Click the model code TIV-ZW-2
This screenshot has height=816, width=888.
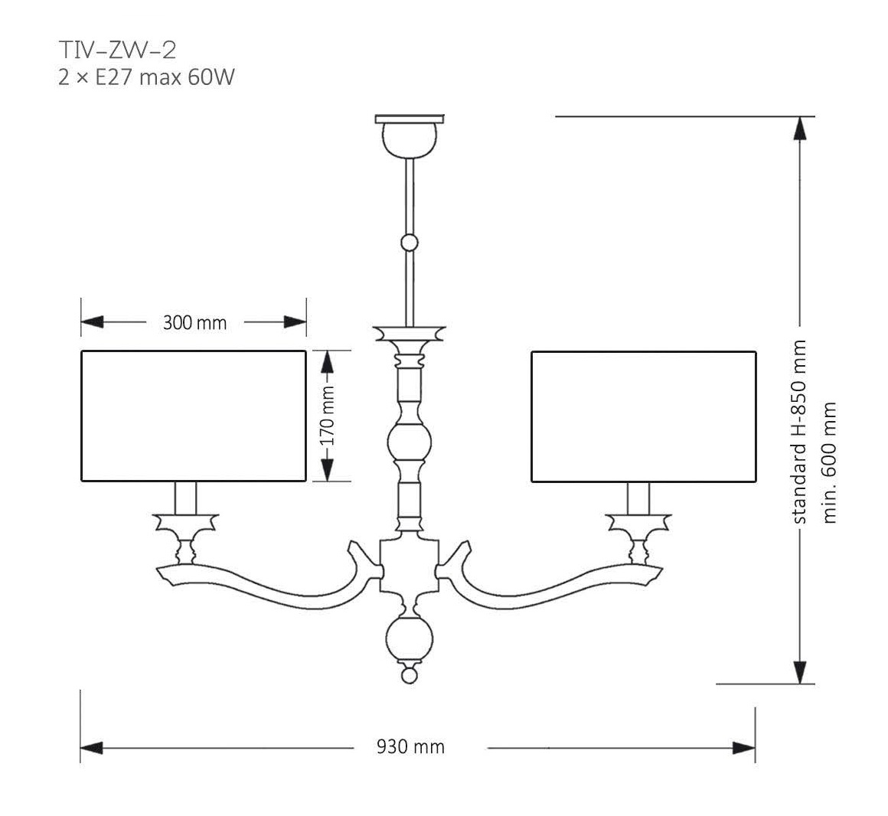point(117,51)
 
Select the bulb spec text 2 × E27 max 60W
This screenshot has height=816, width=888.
point(145,77)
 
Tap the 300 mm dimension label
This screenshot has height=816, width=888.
point(194,323)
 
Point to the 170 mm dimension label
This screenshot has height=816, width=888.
point(328,416)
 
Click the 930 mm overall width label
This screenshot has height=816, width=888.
point(410,746)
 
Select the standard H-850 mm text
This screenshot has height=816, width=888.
point(800,432)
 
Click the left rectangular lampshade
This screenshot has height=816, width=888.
point(194,416)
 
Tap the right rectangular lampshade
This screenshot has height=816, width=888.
point(643,416)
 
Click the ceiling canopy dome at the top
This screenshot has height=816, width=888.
point(410,137)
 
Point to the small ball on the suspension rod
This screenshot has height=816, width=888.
point(410,243)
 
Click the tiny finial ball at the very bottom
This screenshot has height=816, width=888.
point(410,676)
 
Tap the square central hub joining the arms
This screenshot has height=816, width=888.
point(409,567)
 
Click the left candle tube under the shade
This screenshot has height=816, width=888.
point(186,498)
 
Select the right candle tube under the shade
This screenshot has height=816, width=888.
point(638,498)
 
